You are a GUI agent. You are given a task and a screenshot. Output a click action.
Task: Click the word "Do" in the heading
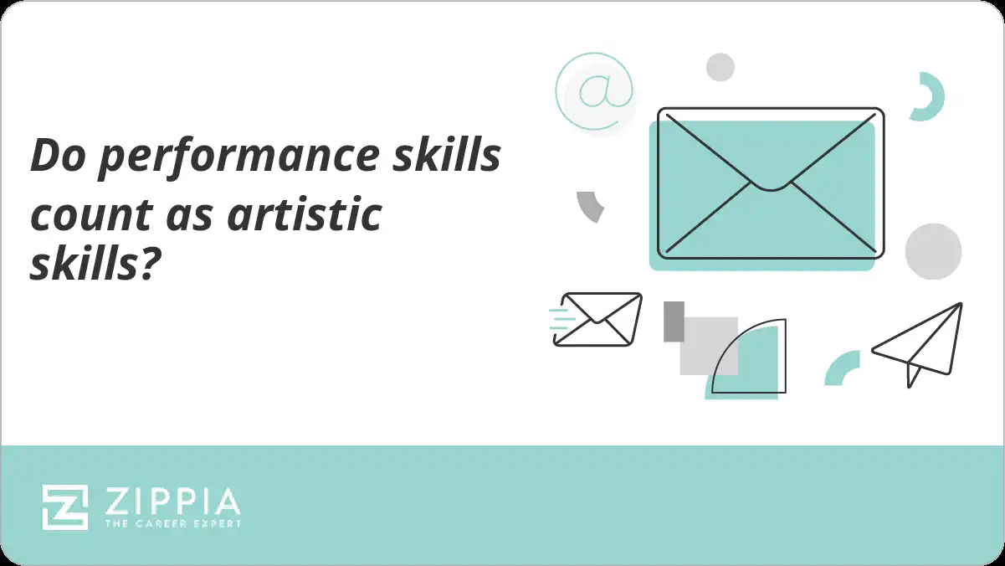(x=54, y=157)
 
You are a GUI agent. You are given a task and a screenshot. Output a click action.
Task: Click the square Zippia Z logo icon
(x=65, y=507)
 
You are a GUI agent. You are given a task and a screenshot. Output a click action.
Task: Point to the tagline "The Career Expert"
(x=172, y=524)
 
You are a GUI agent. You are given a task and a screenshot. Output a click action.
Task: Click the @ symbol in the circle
(x=594, y=92)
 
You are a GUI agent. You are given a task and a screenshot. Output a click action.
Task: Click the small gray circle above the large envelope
(x=720, y=67)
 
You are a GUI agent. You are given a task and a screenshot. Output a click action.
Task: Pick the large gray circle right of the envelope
(x=933, y=251)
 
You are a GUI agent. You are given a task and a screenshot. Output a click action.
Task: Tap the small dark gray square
(x=674, y=322)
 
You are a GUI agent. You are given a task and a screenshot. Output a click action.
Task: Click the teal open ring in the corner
(x=929, y=96)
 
